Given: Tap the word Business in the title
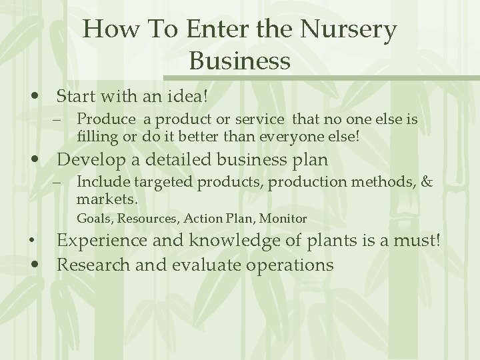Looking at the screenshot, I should tap(239, 61).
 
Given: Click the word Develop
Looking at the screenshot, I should tap(91, 160).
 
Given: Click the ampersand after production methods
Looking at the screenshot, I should tap(428, 182).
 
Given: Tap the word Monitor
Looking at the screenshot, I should tap(283, 218).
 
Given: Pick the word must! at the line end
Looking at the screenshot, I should tap(420, 241).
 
